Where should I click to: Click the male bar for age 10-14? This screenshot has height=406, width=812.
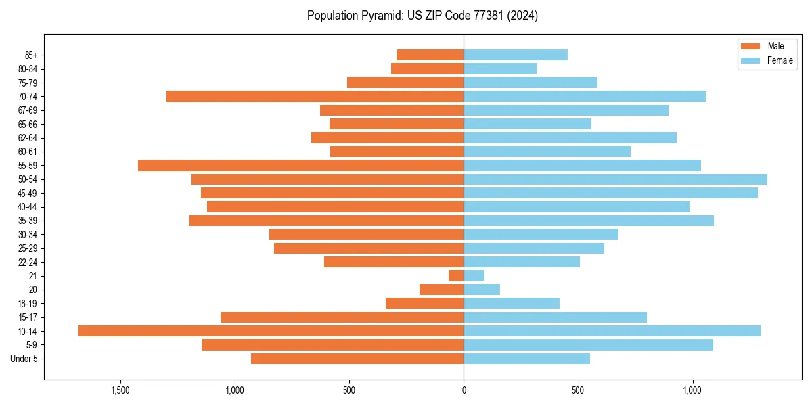(x=271, y=331)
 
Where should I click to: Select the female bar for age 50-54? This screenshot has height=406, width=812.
(x=615, y=179)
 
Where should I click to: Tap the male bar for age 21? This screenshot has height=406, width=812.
(x=456, y=276)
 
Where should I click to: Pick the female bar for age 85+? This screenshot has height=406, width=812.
(x=516, y=55)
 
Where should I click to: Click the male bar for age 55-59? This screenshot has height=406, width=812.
(x=300, y=166)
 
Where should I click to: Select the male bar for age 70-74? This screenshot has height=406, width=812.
(x=315, y=97)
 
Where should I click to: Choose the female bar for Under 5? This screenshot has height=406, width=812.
(x=526, y=359)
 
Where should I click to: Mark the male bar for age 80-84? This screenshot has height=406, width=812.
(x=427, y=69)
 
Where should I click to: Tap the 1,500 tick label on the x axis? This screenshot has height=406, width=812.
(x=120, y=390)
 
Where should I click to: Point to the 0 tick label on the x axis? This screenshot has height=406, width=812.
(x=464, y=390)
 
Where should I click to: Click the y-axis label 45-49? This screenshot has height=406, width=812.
(x=27, y=194)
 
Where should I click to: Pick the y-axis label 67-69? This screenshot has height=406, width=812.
(x=27, y=110)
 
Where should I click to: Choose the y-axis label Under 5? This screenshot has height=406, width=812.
(x=24, y=359)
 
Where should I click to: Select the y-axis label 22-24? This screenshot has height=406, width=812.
(x=27, y=263)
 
